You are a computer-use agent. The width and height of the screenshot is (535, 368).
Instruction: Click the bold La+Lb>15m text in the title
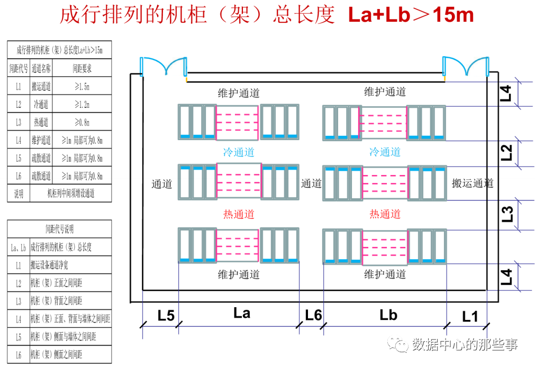click(x=411, y=15)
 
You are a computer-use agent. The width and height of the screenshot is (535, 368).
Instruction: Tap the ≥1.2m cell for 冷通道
click(x=83, y=105)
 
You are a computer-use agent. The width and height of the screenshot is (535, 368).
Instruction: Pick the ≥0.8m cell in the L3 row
click(x=83, y=123)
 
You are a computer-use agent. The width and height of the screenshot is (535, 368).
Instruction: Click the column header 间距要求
click(x=83, y=68)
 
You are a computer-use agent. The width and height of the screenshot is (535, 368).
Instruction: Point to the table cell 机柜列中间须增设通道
click(x=70, y=194)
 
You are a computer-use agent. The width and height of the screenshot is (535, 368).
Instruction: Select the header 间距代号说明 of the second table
click(x=59, y=229)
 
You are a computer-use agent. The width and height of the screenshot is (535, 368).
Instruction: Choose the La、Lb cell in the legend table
click(x=19, y=247)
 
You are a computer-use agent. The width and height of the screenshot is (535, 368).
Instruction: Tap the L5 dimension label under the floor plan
click(x=166, y=316)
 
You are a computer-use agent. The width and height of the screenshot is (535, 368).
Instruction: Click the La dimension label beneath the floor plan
click(x=242, y=313)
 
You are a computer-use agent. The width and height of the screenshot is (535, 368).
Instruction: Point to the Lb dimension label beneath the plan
click(x=388, y=315)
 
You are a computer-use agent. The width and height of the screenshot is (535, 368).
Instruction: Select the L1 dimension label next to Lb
click(x=470, y=317)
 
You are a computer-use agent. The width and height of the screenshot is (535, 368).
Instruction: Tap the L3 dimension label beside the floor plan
click(x=506, y=214)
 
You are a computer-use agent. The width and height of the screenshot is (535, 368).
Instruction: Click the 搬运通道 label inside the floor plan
click(x=473, y=183)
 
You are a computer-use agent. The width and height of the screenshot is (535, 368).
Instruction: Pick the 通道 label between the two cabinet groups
click(x=312, y=183)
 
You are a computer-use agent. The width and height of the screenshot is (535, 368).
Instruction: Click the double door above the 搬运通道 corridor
click(x=465, y=67)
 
